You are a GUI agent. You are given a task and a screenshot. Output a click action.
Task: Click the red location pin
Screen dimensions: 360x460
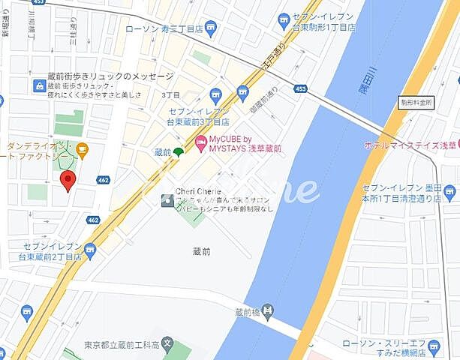[68, 180]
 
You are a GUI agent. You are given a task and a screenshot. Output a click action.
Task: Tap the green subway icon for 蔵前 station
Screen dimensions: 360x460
[178, 153]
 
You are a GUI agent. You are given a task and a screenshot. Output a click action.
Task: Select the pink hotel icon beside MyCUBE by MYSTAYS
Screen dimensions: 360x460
[200, 142]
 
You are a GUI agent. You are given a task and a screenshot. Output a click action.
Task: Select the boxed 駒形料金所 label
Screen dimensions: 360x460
[416, 101]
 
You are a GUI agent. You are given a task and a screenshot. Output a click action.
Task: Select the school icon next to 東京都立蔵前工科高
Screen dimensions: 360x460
[167, 346]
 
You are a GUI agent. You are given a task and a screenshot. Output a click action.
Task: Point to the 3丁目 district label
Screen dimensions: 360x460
[171, 95]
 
